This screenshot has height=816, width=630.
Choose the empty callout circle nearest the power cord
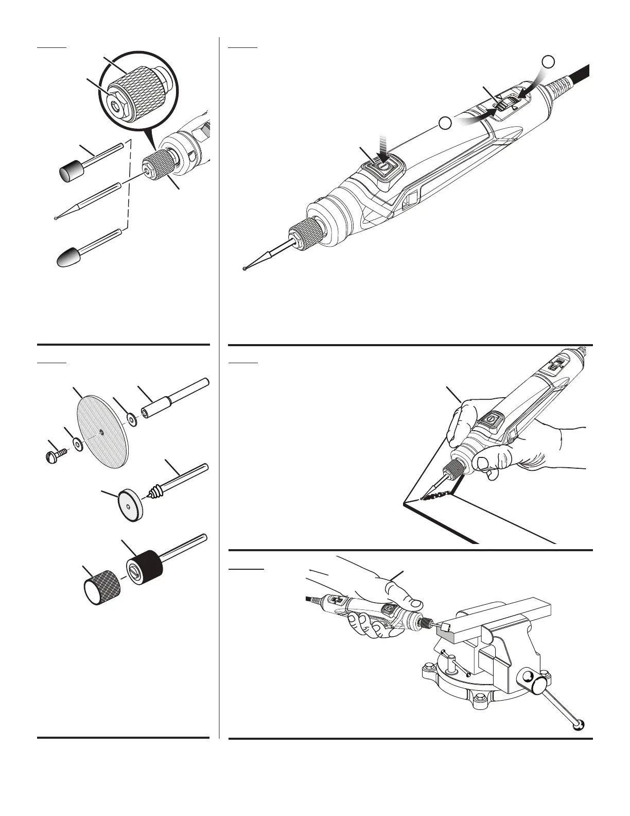[x=549, y=61]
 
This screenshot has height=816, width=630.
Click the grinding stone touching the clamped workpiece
[x=445, y=627]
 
